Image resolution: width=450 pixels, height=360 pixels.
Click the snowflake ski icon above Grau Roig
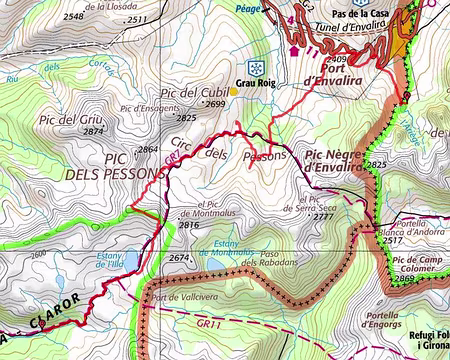pos(257,67)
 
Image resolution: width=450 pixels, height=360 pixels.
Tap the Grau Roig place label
pos(255,85)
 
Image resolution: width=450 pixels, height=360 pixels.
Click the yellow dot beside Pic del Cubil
pos(234,91)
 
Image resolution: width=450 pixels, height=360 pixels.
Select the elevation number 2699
pos(215,103)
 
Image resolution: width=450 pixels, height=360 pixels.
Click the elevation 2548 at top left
pos(73,17)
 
